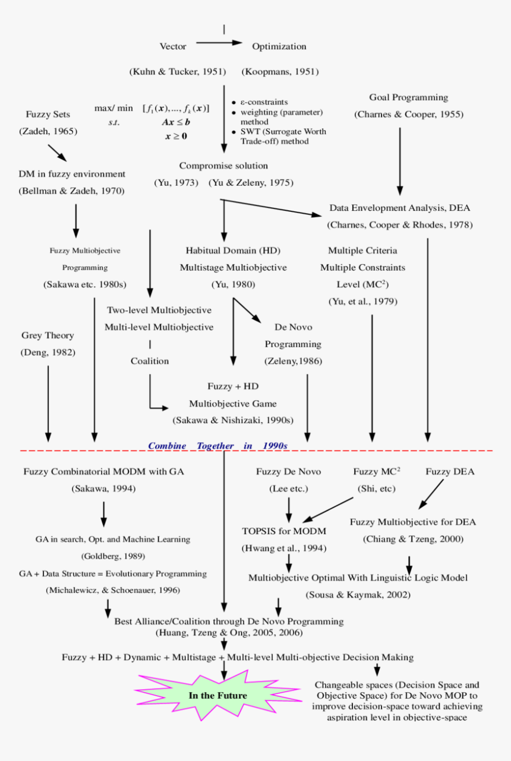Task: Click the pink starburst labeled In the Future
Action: point(218,695)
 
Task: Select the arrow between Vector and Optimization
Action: point(219,43)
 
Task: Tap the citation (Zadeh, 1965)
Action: point(48,131)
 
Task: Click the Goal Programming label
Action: point(408,97)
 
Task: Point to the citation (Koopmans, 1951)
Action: point(280,72)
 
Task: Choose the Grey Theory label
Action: point(48,335)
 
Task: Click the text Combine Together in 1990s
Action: point(217,445)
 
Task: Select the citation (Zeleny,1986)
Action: point(293,360)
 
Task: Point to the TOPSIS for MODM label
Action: point(284,531)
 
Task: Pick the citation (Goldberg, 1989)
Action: point(113,556)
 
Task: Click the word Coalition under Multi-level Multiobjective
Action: point(150,361)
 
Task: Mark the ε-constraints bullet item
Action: point(264,103)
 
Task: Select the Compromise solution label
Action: point(223,166)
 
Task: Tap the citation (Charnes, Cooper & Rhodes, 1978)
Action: point(399,225)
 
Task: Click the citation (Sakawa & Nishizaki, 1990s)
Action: point(233,420)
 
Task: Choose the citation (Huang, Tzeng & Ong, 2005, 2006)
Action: point(229,633)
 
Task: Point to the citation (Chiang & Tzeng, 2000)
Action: point(413,539)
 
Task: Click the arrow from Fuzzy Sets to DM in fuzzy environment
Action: point(58,153)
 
